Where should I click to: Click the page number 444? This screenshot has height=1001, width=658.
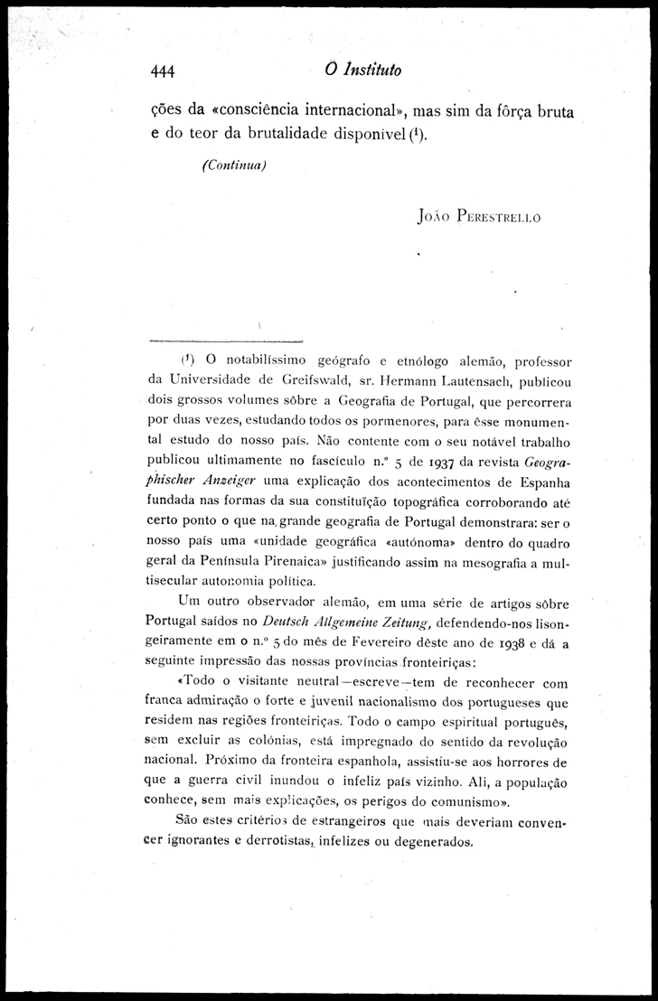point(164,72)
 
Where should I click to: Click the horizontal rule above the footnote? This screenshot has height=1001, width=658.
point(225,341)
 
